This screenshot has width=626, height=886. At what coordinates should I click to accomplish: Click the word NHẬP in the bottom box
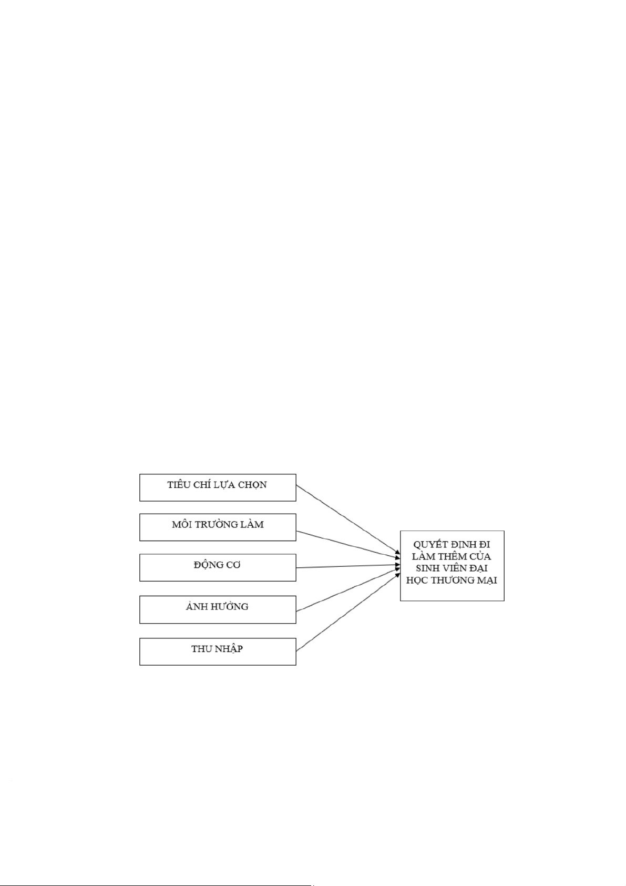(229, 649)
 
